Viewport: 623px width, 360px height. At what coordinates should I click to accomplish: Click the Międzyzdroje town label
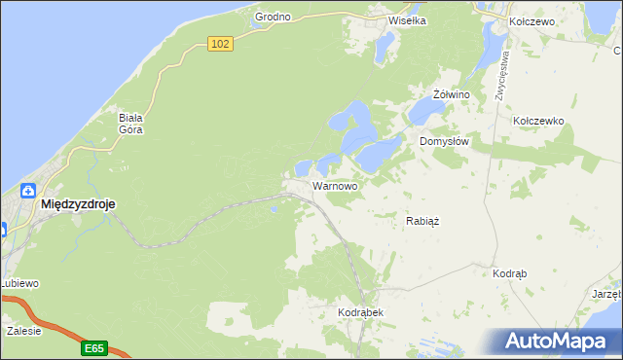pyautogui.click(x=79, y=205)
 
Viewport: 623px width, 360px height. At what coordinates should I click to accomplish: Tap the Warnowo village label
pyautogui.click(x=335, y=185)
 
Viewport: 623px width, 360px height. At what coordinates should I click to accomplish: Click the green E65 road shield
pyautogui.click(x=93, y=347)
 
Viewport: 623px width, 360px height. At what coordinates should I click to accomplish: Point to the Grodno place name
pyautogui.click(x=273, y=18)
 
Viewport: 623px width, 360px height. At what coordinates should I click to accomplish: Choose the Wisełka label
pyautogui.click(x=408, y=19)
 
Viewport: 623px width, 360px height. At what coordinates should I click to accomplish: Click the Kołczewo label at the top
pyautogui.click(x=531, y=21)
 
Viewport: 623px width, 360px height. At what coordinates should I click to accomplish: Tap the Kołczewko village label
pyautogui.click(x=538, y=121)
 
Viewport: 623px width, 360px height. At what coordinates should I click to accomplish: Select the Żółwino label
pyautogui.click(x=452, y=94)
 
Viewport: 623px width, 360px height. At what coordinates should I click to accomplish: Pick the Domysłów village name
pyautogui.click(x=445, y=141)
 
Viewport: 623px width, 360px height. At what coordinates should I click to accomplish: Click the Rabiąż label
pyautogui.click(x=422, y=221)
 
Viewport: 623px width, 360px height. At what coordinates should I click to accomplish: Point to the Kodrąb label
pyautogui.click(x=510, y=274)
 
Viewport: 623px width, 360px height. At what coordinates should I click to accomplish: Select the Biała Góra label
pyautogui.click(x=130, y=124)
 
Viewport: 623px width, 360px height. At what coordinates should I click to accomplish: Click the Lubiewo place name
pyautogui.click(x=18, y=283)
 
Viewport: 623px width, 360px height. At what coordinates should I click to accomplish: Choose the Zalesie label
pyautogui.click(x=23, y=331)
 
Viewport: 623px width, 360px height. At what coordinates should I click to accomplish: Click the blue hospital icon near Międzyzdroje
pyautogui.click(x=27, y=190)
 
